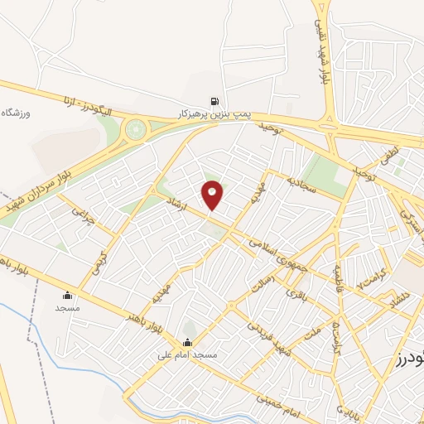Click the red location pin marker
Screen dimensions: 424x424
coord(213,195)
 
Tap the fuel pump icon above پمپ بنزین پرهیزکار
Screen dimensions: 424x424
coord(216,96)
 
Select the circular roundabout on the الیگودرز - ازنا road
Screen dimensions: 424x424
coord(134,129)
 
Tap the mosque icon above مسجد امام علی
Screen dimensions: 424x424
coord(187,342)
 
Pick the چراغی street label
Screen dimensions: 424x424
coord(79,214)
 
